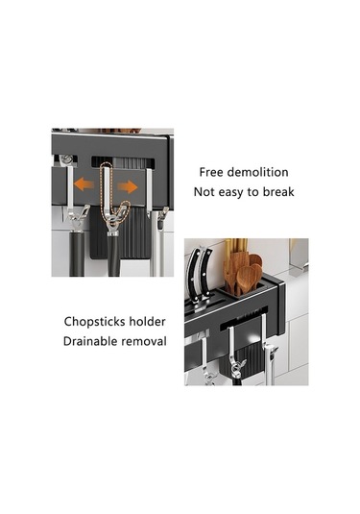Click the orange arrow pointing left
click(x=84, y=184)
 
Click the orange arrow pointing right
click(x=128, y=186)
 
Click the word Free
click(x=211, y=172)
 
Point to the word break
click(x=278, y=192)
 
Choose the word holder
click(x=147, y=322)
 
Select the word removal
click(x=144, y=341)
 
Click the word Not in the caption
click(x=204, y=192)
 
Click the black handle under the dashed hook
click(x=113, y=257)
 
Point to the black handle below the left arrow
click(x=77, y=255)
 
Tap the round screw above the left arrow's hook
click(x=67, y=159)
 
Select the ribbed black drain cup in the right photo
click(x=243, y=359)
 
